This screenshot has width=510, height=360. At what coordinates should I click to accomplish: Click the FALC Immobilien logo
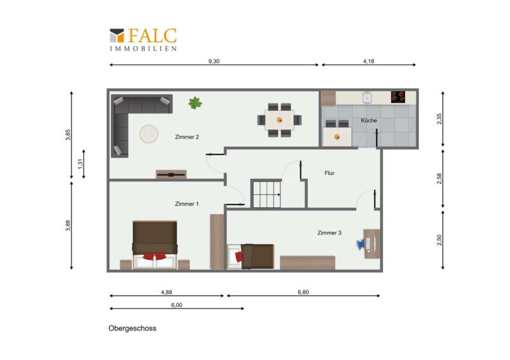pyautogui.click(x=143, y=40)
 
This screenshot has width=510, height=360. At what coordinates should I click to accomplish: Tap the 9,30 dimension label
pyautogui.click(x=214, y=61)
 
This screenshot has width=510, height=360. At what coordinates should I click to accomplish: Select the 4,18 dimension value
pyautogui.click(x=368, y=61)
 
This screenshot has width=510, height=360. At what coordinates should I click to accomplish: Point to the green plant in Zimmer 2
pyautogui.click(x=195, y=103)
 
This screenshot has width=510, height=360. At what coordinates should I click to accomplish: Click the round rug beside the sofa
pyautogui.click(x=149, y=134)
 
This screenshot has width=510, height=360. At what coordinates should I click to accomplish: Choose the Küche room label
pyautogui.click(x=369, y=120)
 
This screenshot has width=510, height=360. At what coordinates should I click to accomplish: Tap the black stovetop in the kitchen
pyautogui.click(x=398, y=97)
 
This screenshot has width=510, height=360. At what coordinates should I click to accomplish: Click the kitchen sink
pyautogui.click(x=367, y=97)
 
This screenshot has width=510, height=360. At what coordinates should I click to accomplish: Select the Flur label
pyautogui.click(x=329, y=173)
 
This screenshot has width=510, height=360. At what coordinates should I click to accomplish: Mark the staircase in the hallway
pyautogui.click(x=266, y=194)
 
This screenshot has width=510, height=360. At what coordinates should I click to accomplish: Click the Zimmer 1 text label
pyautogui.click(x=187, y=204)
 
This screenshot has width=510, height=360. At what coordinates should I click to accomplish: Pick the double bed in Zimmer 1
pyautogui.click(x=155, y=245)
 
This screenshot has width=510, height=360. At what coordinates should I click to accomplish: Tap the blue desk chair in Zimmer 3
pyautogui.click(x=361, y=244)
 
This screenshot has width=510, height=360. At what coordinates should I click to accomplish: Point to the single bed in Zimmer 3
pyautogui.click(x=251, y=256)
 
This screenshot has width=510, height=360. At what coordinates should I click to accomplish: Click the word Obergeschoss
pyautogui.click(x=133, y=328)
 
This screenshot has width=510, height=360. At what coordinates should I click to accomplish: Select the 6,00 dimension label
pyautogui.click(x=177, y=305)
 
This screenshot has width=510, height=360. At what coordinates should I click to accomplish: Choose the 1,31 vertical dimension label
pyautogui.click(x=80, y=164)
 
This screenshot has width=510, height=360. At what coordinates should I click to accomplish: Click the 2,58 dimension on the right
pyautogui.click(x=439, y=178)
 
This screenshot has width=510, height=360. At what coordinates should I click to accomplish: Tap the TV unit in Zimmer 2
pyautogui.click(x=171, y=175)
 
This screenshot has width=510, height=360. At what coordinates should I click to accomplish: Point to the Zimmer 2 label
pyautogui.click(x=187, y=137)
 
